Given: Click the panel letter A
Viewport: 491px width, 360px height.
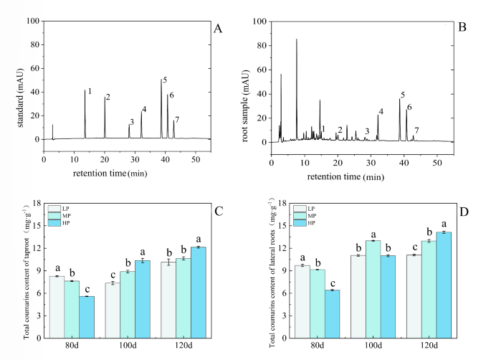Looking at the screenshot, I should [218, 29].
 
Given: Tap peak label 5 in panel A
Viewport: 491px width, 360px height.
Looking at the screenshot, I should [165, 80].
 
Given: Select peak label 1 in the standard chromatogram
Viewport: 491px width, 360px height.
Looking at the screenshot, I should [90, 91].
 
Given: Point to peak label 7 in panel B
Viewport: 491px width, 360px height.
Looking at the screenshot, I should [416, 130].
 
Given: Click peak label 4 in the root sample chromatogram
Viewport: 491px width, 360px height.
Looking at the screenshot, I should [381, 112].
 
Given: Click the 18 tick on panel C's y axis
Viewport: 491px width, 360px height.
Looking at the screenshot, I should [37, 203].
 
